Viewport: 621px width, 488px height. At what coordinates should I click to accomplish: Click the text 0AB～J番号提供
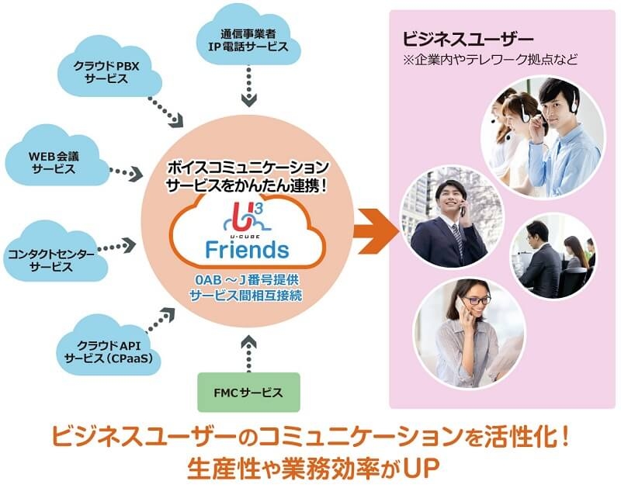tap(248, 281)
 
